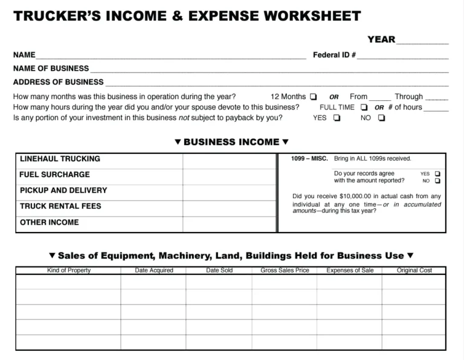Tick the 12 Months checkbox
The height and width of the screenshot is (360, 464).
(313, 97)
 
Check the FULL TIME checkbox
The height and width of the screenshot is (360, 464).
(364, 108)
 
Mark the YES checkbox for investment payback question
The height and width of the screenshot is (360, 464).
(337, 118)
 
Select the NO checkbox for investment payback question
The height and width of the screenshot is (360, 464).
(381, 118)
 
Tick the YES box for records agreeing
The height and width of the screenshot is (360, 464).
(437, 174)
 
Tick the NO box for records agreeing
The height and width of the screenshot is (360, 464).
(437, 181)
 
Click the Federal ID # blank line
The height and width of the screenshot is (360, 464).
(402, 56)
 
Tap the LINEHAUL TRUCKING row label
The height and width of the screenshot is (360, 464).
(60, 159)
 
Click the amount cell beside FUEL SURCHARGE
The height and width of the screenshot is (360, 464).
(230, 175)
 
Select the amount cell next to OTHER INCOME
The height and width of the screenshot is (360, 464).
(230, 223)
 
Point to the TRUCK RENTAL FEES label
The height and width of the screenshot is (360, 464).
(60, 206)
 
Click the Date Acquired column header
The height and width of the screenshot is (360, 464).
(154, 271)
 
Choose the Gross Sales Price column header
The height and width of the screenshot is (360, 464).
(285, 271)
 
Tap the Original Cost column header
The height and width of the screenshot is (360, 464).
(414, 271)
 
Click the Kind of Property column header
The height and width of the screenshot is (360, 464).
(69, 271)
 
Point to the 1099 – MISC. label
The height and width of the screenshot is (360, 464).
(309, 159)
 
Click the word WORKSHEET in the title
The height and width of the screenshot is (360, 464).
(304, 16)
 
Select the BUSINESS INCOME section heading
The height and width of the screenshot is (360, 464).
(231, 143)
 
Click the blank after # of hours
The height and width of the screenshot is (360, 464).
(436, 108)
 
